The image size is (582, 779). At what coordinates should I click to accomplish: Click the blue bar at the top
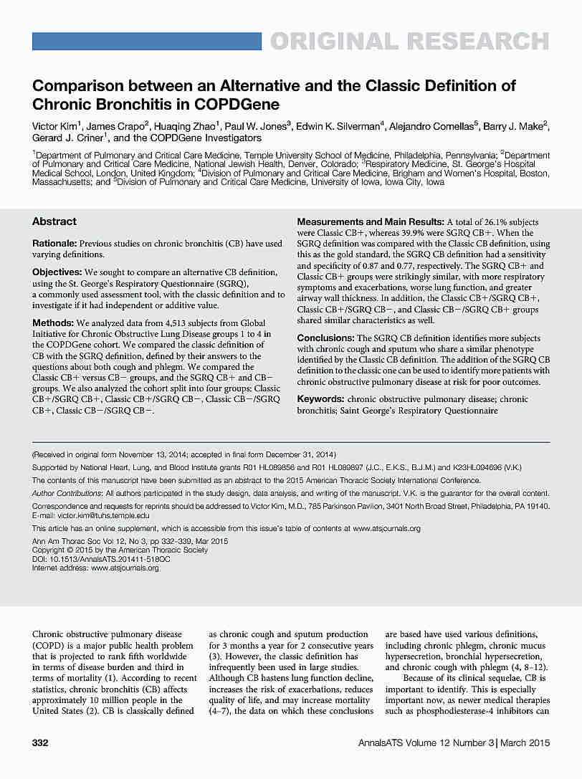(148, 41)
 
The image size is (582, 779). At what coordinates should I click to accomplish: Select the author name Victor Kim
(54, 126)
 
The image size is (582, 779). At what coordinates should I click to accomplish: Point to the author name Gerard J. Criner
(60, 138)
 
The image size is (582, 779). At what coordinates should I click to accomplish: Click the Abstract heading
(54, 221)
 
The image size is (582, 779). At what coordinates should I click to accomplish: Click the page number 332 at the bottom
(40, 743)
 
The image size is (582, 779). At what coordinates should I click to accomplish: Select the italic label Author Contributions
(67, 494)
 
